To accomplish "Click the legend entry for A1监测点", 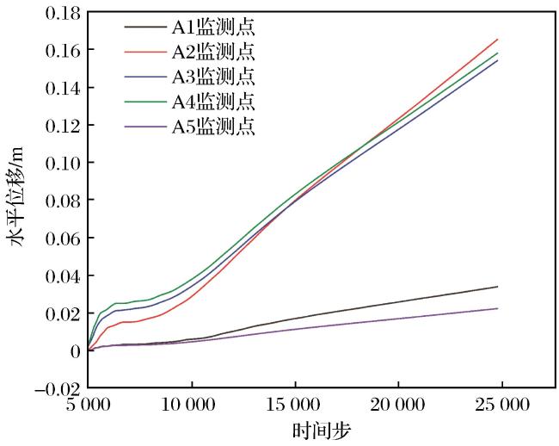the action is point(213,27).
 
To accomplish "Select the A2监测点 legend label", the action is point(213,52).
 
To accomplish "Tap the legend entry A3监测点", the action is point(213,77).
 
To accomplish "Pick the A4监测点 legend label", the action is point(213,102).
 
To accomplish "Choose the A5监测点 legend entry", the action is point(213,127).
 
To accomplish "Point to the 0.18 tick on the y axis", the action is point(63,14).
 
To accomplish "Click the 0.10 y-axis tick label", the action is point(63,164).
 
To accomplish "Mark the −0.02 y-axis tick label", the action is point(57,388).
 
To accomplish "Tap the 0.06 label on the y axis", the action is point(63,238).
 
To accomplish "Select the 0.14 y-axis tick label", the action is point(63,88).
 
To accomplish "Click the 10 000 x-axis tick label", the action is point(188,405).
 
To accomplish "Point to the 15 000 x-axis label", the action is point(292,405).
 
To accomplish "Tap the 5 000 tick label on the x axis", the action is point(88,405).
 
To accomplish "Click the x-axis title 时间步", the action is point(322,431).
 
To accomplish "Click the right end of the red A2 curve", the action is point(497,40).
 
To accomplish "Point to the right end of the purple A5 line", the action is point(497,308).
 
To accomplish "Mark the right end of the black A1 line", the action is point(497,287).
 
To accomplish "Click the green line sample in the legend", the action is point(145,102).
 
